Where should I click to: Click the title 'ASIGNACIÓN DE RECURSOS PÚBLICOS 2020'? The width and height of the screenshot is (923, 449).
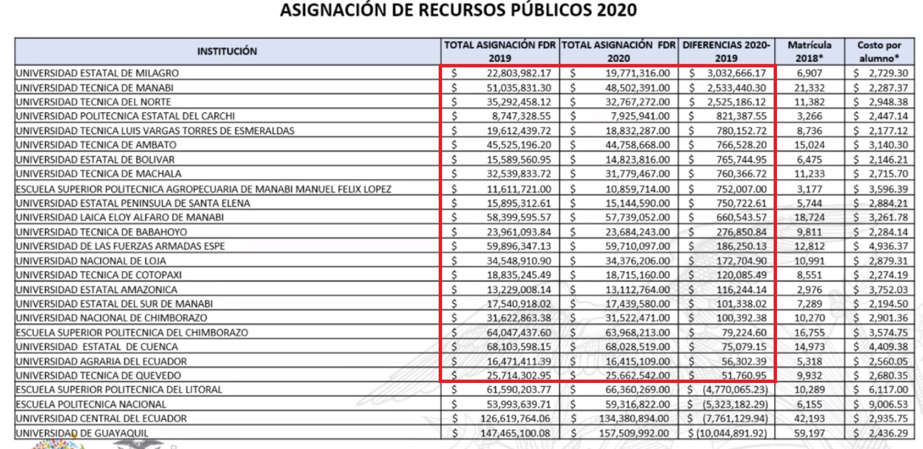point(461,11)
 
